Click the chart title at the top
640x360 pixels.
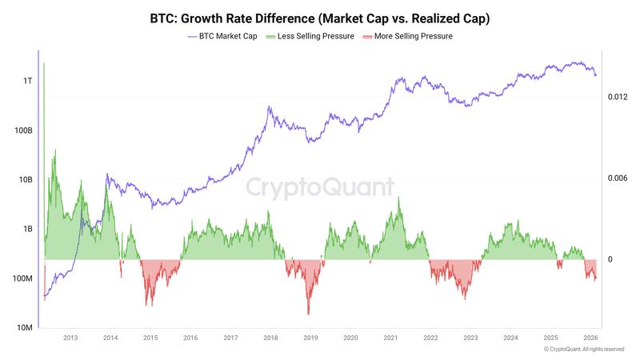pos(320,18)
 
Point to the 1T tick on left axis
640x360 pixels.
pos(27,82)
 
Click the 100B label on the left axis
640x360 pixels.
pos(22,130)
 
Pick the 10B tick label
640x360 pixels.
pos(24,180)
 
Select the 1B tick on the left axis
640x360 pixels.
pos(26,229)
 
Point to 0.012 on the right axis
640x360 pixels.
pos(619,97)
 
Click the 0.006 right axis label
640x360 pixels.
pos(619,178)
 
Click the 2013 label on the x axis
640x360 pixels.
pos(70,338)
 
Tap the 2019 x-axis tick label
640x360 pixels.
pos(310,338)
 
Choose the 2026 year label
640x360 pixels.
pos(591,338)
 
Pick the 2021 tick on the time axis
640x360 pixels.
pos(390,338)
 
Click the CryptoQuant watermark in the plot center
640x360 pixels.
pos(319,187)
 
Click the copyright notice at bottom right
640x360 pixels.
pos(583,350)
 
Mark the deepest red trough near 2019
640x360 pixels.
pos(308,314)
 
